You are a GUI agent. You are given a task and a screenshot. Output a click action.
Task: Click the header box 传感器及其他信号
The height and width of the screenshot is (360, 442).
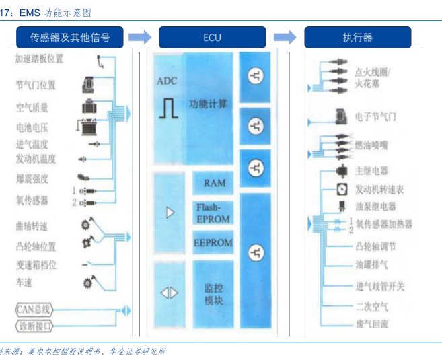pos(70,38)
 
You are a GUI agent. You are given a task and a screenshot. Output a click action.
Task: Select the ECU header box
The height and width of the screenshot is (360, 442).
pos(212,38)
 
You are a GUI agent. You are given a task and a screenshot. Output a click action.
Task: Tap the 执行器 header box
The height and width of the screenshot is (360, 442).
pos(358,38)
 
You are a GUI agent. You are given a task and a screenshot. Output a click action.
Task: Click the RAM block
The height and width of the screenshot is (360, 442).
pos(215,183)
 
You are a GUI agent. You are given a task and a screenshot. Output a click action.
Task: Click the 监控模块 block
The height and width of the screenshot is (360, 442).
pos(213,295)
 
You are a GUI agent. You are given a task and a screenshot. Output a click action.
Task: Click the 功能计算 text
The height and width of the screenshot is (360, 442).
pos(209,104)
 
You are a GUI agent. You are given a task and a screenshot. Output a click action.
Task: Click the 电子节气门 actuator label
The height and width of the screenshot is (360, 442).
pos(375,117)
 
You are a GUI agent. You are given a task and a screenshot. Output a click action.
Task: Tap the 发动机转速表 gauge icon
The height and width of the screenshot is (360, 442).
pos(342,189)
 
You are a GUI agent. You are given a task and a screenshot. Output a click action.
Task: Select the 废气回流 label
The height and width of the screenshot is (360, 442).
pos(371,324)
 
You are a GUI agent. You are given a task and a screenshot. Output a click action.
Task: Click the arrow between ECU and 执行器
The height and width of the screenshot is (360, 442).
pos(289,38)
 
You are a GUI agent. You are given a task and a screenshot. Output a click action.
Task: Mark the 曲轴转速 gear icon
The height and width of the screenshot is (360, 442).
pos(85,225)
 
